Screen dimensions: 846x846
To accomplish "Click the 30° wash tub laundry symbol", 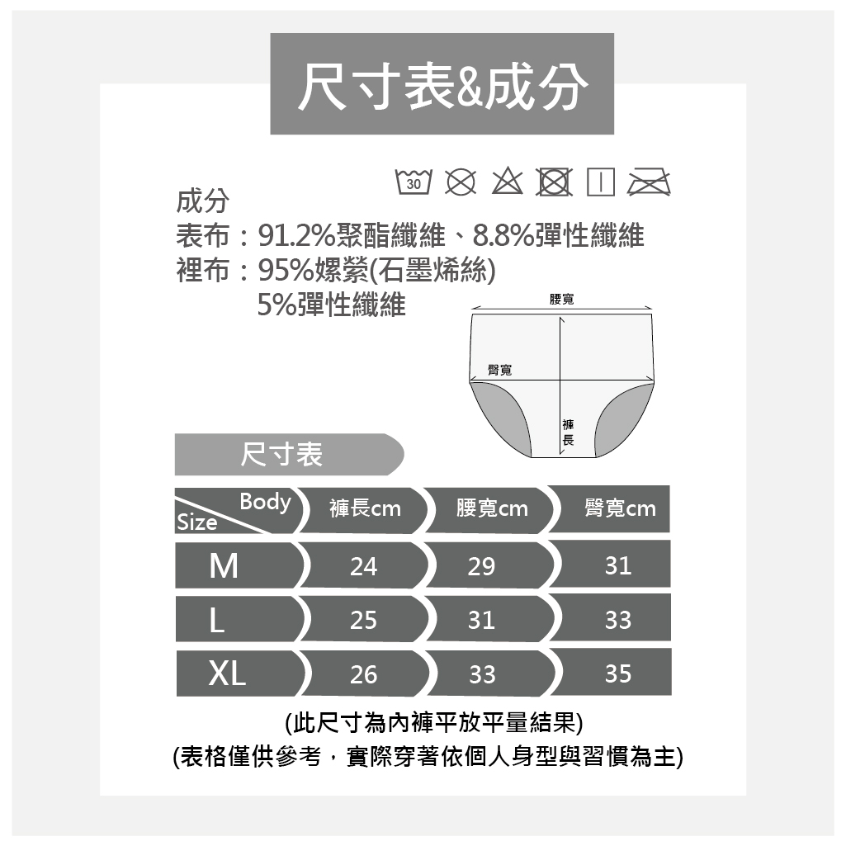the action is point(414,182).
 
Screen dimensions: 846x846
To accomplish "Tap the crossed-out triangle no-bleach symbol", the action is point(507,182).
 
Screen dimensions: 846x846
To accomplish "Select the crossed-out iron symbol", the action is point(649,182).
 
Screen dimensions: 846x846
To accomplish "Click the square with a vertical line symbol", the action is point(601,182).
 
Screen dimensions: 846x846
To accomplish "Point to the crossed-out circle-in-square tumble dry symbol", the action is point(554,182).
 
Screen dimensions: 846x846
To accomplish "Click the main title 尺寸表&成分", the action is point(442,85).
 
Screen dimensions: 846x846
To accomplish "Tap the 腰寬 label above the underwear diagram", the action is point(562,299).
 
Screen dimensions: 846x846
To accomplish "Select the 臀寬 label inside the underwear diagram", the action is point(499,370).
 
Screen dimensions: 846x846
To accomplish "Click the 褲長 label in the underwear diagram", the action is point(568,432).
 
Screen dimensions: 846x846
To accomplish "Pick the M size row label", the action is point(224,566).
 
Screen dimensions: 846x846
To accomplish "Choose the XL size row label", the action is point(227,673).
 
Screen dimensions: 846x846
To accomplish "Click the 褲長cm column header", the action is point(366,508).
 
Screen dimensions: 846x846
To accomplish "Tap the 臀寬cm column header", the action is point(620,508).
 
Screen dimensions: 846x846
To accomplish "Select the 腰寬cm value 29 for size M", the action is point(481,566).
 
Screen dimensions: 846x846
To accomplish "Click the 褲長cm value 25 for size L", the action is point(363,620).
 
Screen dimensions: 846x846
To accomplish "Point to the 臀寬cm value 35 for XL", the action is point(617,673).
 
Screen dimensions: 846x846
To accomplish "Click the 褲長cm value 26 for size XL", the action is point(363,674).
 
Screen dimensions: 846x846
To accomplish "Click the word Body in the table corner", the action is point(266,502).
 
